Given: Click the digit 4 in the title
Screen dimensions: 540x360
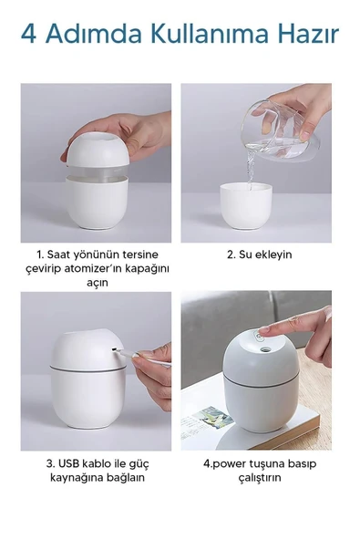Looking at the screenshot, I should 29,35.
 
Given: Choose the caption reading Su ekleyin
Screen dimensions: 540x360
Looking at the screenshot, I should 259,254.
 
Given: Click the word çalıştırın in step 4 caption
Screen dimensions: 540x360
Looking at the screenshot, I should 260,477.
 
